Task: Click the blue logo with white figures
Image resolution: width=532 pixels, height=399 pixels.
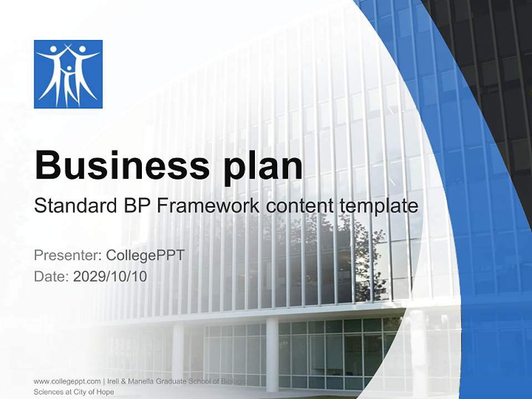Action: pyautogui.click(x=68, y=74)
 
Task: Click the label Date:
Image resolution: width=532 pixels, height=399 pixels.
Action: pyautogui.click(x=52, y=277)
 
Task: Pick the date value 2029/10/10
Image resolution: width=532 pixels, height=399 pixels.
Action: pyautogui.click(x=110, y=277)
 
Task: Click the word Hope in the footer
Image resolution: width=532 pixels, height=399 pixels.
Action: pyautogui.click(x=106, y=392)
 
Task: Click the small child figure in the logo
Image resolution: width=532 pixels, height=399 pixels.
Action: pyautogui.click(x=69, y=83)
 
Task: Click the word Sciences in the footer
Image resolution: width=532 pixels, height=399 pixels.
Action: pyautogui.click(x=49, y=392)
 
